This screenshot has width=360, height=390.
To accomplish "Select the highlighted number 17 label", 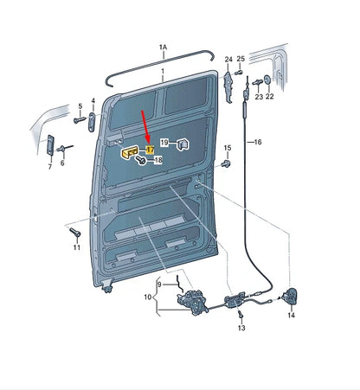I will pos(150,150).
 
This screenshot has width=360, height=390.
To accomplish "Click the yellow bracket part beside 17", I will pos(130,152).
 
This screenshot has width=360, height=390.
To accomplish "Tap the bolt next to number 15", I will pos(227,162).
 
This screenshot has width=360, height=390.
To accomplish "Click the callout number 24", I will pos(228,60).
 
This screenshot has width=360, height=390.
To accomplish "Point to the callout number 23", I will pos(257,97).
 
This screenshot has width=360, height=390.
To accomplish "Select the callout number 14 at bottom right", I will pos(291,316).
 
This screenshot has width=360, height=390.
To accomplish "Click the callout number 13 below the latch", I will pos(241,329).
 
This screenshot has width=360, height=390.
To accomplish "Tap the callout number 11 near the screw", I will pos(75,247).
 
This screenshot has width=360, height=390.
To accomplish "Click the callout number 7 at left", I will pos(49,167).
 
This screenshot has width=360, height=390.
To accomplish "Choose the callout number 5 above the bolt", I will pos(80,107).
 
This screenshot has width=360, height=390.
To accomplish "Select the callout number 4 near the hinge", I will pos(93,102).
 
